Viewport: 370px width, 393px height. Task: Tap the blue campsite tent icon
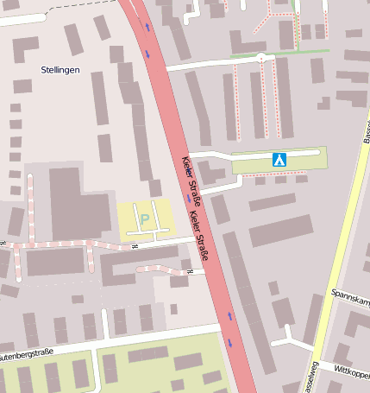pos(279,160)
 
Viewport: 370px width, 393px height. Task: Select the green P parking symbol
pos(145,219)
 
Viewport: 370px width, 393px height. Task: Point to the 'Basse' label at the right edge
pos(365,130)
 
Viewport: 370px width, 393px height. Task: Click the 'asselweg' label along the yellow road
pos(310,376)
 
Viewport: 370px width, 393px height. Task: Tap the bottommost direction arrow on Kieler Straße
pos(229,342)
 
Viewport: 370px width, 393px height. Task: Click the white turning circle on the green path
pos(260,57)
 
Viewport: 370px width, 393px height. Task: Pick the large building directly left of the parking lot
pos(79,203)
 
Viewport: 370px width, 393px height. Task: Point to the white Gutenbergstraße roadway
pos(129,340)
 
